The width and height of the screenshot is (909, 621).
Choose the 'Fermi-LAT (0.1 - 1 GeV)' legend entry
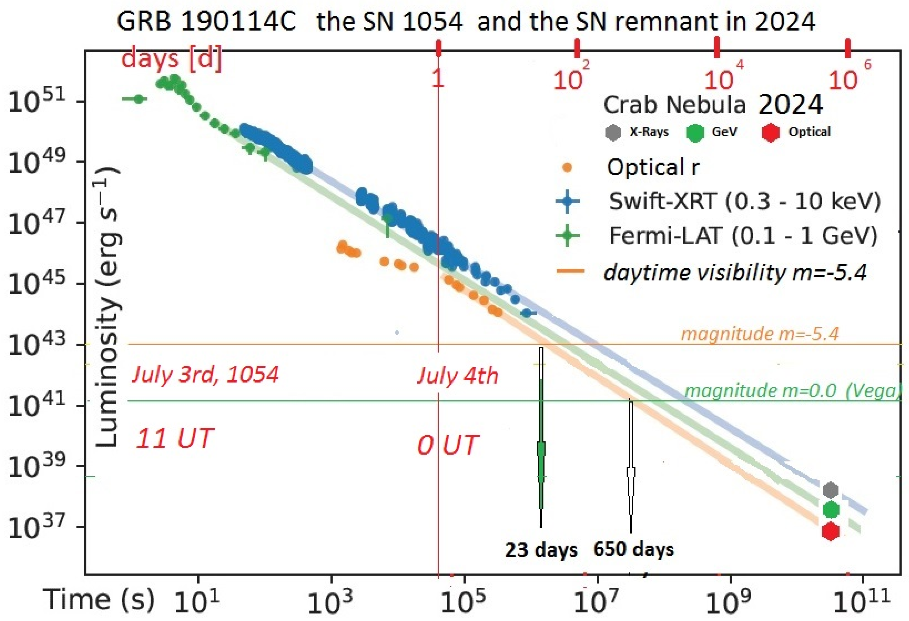point(743,236)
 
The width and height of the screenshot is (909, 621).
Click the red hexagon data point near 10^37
point(830,531)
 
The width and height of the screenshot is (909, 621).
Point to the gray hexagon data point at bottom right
point(830,489)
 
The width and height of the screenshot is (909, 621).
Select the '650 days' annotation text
point(633,549)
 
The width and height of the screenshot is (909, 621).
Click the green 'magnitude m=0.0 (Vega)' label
point(792,391)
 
